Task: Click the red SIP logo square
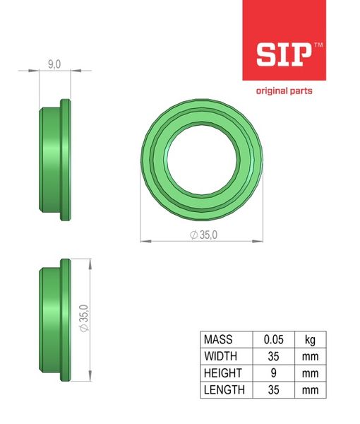(284, 40)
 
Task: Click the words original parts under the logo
(284, 91)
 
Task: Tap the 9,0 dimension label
(54, 64)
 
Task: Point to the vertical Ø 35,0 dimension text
(85, 318)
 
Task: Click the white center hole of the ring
(202, 160)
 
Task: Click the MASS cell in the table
(218, 339)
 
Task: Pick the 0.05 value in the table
(274, 339)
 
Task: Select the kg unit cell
(310, 340)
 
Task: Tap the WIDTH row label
(221, 356)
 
